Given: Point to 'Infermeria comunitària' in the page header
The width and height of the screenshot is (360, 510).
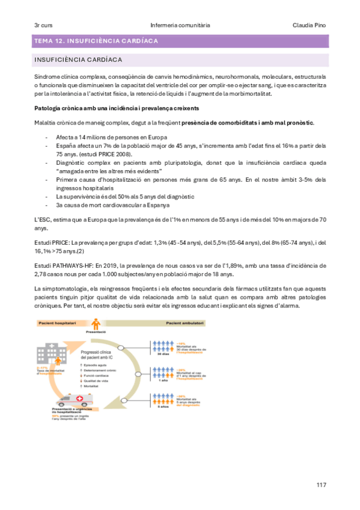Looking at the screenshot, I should coord(180,25).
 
